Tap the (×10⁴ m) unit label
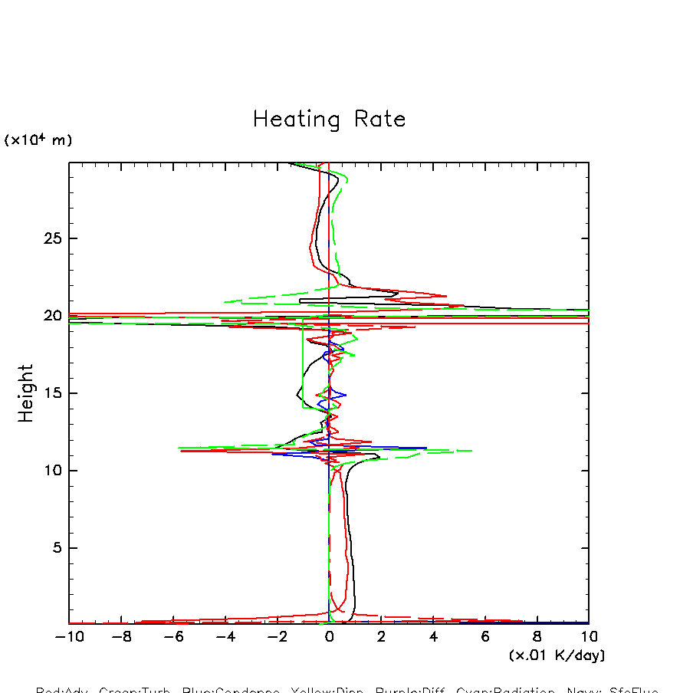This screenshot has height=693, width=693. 38,140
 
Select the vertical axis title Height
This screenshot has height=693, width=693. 27,392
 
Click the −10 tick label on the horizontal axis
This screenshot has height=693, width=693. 67,637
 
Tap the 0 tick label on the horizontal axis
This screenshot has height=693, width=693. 329,637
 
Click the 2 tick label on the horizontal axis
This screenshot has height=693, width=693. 381,637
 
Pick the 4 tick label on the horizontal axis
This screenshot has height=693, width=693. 433,637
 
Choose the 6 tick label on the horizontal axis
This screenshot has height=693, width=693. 485,637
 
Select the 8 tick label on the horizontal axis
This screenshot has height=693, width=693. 537,637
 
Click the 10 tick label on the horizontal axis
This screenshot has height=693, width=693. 588,637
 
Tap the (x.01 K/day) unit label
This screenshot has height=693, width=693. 557,655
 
